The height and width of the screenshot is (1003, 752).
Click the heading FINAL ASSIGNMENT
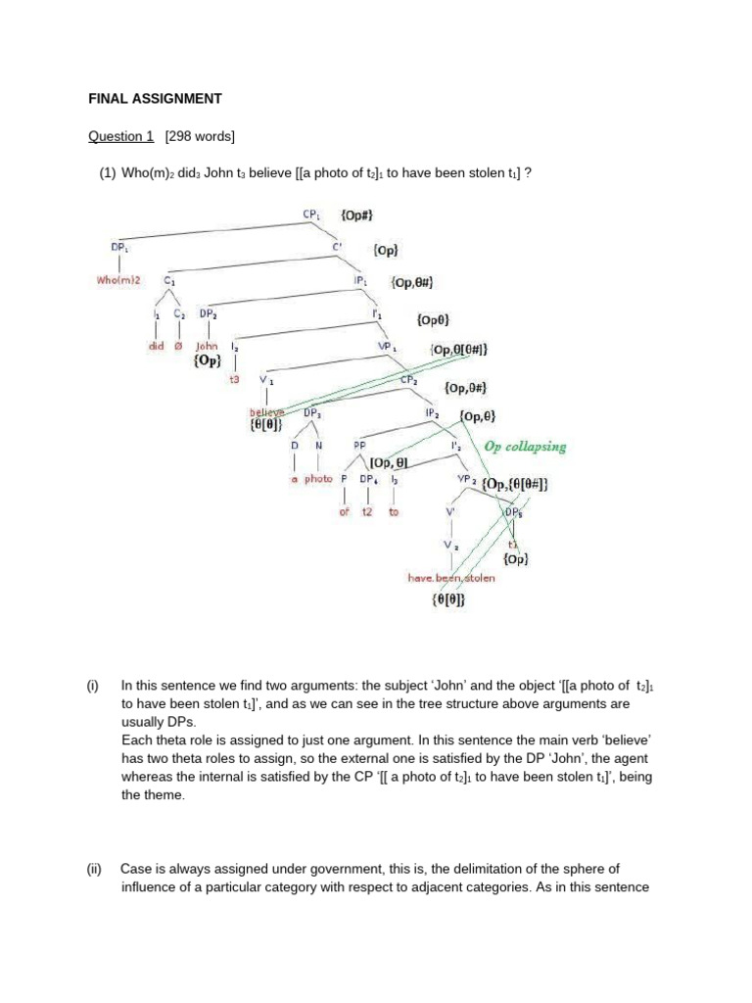tap(156, 99)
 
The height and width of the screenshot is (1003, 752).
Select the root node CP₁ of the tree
tap(312, 213)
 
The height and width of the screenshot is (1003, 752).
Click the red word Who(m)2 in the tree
tap(118, 280)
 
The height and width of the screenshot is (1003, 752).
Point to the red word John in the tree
tap(207, 346)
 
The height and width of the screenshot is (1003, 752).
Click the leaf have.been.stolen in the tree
tap(451, 578)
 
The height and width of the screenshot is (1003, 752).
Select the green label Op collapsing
tap(525, 446)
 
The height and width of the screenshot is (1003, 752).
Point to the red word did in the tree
tap(158, 346)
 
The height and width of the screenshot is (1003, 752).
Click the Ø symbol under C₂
tap(179, 346)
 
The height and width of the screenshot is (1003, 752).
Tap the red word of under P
tap(345, 511)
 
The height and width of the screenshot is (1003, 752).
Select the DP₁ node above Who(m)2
tap(118, 247)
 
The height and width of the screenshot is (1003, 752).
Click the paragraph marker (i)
tap(93, 686)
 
